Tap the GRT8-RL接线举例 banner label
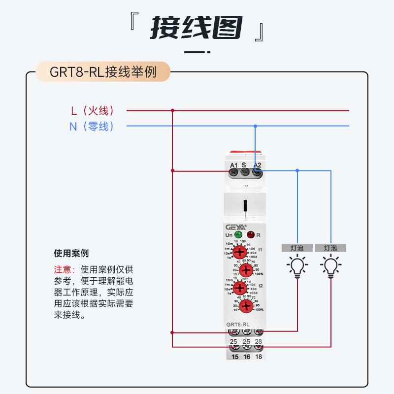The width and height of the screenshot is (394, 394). (103, 72)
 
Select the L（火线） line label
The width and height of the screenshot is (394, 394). (92, 111)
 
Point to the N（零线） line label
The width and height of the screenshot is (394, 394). (92, 127)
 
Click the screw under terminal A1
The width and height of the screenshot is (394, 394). (233, 172)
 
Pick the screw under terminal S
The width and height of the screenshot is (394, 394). (245, 172)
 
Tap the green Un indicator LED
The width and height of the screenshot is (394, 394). (239, 235)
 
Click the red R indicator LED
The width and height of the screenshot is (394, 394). (251, 235)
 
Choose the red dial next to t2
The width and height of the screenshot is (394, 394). (240, 288)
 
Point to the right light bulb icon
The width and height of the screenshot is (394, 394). (331, 267)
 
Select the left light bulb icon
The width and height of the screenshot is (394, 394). (297, 267)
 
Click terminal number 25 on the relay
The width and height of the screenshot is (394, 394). (233, 342)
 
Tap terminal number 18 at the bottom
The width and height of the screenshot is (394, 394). (259, 356)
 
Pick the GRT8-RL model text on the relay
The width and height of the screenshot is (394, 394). (238, 325)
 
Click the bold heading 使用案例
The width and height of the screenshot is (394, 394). (71, 254)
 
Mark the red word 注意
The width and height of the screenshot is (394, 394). (63, 270)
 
